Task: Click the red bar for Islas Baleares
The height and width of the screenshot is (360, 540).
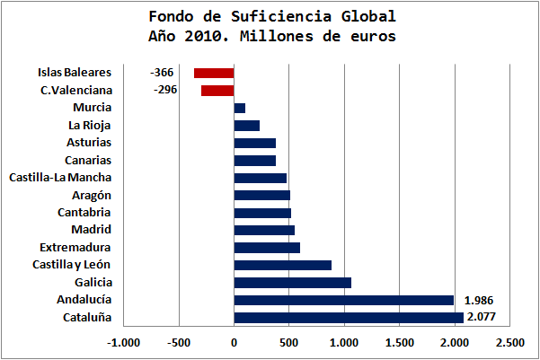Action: tap(214, 73)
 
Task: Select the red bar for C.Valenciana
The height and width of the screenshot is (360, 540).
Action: tap(217, 91)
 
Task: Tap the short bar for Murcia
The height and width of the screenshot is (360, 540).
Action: tap(239, 108)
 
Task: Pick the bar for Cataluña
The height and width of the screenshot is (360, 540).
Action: tap(349, 317)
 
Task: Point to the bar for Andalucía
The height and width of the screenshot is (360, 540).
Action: tap(344, 300)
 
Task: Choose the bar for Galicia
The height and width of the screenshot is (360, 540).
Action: tap(292, 283)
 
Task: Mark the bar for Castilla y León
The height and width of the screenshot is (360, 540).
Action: tap(282, 265)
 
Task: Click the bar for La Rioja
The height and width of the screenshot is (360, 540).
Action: tap(246, 126)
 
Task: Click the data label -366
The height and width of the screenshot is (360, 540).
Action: tap(162, 73)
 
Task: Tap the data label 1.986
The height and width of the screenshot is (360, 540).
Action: tap(479, 300)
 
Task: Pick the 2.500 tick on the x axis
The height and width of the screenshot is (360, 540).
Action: tap(509, 342)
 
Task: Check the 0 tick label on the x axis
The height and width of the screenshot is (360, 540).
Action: tap(234, 342)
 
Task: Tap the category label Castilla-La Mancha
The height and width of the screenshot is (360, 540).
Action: tap(60, 178)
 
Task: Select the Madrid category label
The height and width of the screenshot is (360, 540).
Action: tap(91, 230)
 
